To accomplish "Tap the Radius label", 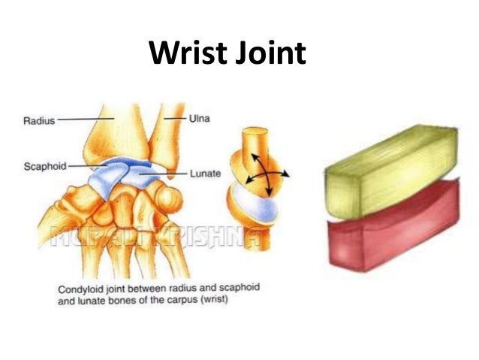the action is click(x=35, y=119).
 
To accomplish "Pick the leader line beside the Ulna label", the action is click(x=173, y=119).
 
